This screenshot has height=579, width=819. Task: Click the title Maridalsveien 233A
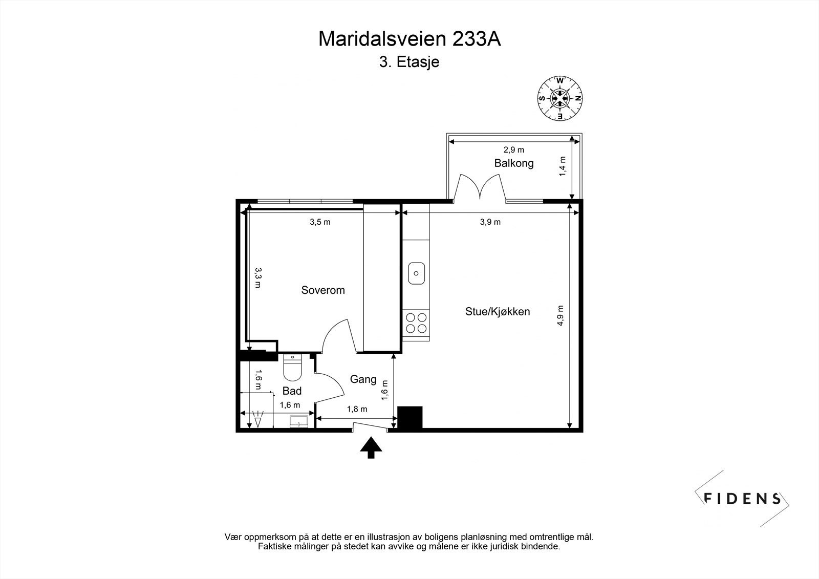point(409,39)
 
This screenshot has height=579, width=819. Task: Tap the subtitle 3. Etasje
point(409,62)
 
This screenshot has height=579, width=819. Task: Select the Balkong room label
point(513,163)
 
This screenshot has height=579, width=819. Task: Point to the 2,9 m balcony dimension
point(513,149)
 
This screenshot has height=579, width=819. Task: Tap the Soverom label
point(322,290)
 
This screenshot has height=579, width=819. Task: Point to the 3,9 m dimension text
point(490,222)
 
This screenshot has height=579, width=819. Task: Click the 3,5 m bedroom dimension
point(320,222)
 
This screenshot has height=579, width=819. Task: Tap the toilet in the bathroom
point(292,369)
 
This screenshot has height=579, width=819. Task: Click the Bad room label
point(292,391)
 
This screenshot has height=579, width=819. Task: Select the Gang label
point(363,379)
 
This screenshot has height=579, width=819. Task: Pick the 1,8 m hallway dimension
point(357,409)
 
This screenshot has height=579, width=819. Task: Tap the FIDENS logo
point(742,498)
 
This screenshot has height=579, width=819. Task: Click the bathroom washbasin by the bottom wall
point(299,422)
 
